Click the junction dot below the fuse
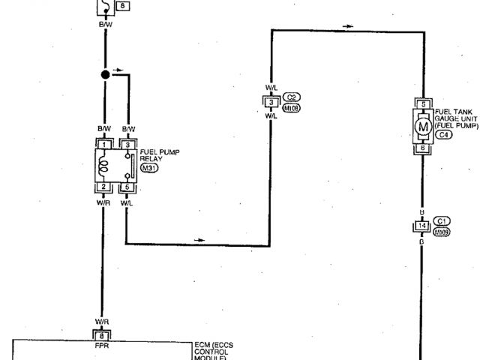[106, 75]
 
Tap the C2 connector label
[292, 97]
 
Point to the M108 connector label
[292, 108]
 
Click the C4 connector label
[444, 135]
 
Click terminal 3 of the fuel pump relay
[128, 143]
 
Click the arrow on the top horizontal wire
[347, 27]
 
